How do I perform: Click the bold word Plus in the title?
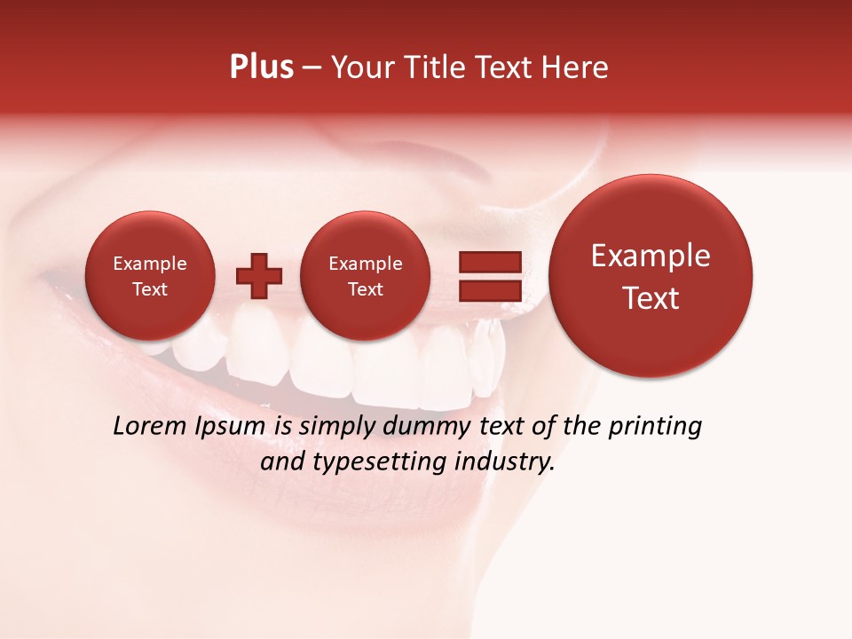point(261,67)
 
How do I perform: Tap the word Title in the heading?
point(431,67)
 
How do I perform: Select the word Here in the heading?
point(576,67)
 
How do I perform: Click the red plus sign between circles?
point(259,275)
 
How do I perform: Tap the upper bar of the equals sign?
point(489,261)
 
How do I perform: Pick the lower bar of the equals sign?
point(489,291)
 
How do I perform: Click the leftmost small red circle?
point(149,275)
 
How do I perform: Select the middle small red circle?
point(365,275)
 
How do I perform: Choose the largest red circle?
point(651,276)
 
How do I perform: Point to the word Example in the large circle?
point(651,256)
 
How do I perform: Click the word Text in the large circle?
point(651,298)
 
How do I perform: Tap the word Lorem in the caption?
point(149,427)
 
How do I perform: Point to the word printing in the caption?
point(655,428)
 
